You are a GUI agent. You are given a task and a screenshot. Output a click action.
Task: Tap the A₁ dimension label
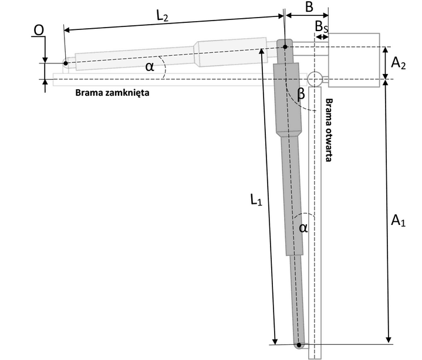point(399,221)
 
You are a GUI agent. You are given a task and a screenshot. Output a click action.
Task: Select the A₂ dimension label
point(399,63)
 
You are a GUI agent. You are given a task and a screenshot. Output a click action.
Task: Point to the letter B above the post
point(309,8)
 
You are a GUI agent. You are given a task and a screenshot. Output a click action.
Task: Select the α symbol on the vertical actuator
point(303,228)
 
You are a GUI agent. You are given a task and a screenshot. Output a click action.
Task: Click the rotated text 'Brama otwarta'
point(329,130)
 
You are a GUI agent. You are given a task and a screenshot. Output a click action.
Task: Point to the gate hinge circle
point(315,78)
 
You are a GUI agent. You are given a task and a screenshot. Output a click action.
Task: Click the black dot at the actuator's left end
point(66,63)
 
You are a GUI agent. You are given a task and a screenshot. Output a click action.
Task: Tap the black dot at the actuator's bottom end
point(299,345)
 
